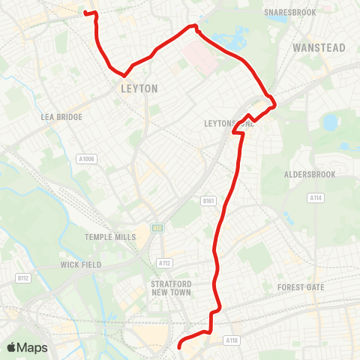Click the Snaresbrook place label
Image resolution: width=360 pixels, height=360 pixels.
pos(290,13)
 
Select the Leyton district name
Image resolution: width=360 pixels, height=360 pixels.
pos(139,88)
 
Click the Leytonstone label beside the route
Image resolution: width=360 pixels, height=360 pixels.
pos(229,123)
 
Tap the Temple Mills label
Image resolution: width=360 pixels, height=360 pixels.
pos(110,237)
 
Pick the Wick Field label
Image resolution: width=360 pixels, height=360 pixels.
pos(80,265)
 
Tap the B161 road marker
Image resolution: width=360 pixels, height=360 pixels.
pos(208,201)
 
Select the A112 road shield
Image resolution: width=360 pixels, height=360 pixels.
pos(165,263)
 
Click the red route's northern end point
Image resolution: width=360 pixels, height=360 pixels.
pos(84,12)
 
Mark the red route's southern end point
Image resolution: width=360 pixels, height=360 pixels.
pos(179,346)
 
